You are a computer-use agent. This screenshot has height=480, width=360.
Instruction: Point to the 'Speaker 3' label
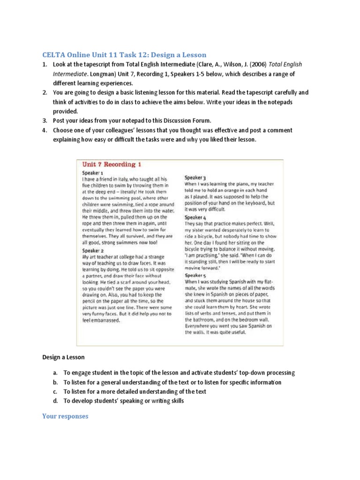pos(195,178)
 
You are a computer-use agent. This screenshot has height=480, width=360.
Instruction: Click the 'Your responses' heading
pos(65,416)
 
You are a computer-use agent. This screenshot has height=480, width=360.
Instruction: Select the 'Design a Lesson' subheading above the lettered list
pos(64,357)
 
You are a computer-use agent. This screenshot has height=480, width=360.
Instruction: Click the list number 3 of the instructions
pos(45,121)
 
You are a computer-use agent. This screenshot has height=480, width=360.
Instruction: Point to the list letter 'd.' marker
pos(54,401)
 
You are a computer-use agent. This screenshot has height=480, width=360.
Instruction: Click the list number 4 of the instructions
pos(45,130)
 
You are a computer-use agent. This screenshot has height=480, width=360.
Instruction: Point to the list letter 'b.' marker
pos(54,382)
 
